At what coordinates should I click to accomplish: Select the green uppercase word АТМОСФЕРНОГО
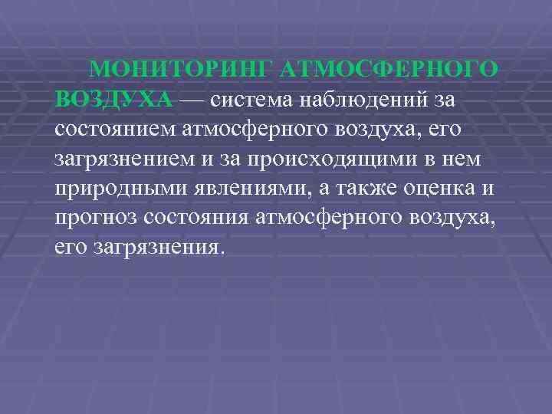click(x=389, y=71)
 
